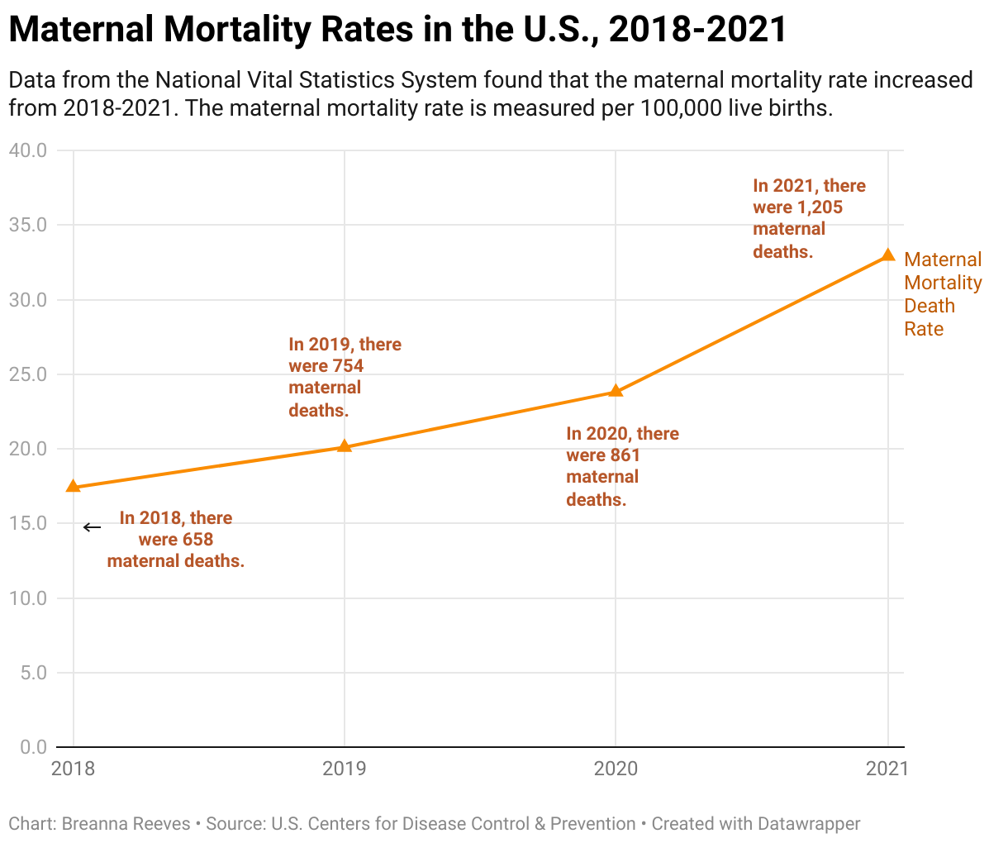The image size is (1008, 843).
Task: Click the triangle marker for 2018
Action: point(74,486)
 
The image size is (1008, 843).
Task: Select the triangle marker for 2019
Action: point(345,446)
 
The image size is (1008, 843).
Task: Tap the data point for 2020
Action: point(616,390)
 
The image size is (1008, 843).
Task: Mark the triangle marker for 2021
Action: point(888,255)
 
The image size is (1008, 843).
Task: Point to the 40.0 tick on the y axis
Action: point(28,150)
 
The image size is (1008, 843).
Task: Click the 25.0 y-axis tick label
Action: point(28,374)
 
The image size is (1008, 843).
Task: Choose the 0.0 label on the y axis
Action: point(33,747)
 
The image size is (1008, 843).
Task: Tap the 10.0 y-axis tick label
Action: point(28,598)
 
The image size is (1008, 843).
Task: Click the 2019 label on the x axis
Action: point(345,769)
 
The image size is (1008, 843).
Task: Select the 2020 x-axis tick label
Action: point(616,769)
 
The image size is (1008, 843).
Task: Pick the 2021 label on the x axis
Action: point(887,769)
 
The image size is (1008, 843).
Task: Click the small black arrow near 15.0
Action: point(92,527)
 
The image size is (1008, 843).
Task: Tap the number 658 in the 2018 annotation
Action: point(197,540)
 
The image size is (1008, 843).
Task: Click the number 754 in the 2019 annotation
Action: point(348,366)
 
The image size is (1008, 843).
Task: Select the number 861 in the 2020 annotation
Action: point(625,455)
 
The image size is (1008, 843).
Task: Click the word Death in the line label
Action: point(930,306)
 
